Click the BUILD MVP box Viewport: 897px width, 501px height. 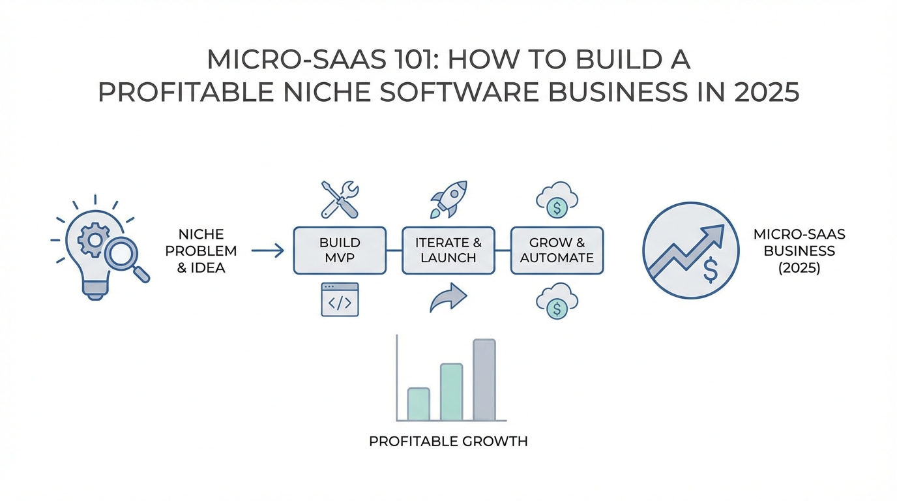tap(340, 250)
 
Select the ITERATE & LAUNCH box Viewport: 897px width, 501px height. tap(448, 250)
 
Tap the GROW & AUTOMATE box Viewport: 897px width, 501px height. tap(557, 250)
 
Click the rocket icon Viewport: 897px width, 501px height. tap(448, 199)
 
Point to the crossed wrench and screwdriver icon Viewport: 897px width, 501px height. tap(340, 200)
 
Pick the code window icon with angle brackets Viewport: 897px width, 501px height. tap(340, 299)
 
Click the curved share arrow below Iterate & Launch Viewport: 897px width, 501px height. tap(448, 297)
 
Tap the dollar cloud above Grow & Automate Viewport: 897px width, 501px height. tap(557, 200)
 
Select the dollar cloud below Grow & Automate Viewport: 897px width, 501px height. tap(557, 301)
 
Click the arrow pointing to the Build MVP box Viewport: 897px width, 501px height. tap(267, 250)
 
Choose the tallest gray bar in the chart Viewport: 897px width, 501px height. tap(484, 380)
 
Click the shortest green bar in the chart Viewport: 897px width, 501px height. tap(419, 404)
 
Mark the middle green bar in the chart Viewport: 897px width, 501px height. tap(451, 392)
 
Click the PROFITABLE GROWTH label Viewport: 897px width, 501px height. tap(448, 441)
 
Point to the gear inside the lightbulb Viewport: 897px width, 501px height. tap(94, 239)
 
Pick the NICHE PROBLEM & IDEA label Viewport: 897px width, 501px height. tap(201, 251)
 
